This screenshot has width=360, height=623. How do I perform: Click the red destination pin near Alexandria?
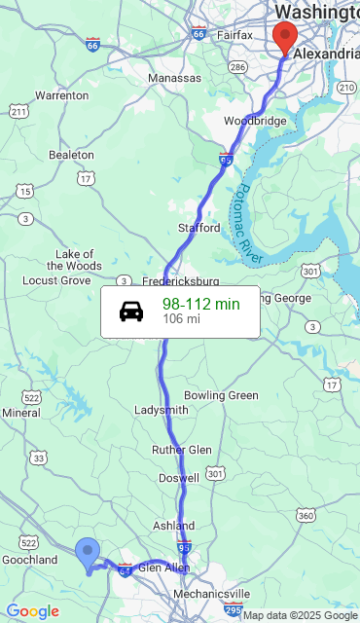(x=284, y=37)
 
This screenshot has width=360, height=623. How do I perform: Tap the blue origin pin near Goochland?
(x=88, y=553)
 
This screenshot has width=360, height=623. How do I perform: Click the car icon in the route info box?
(x=131, y=311)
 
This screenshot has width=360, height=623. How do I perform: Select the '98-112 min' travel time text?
(x=200, y=304)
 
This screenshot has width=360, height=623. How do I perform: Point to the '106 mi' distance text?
(x=181, y=319)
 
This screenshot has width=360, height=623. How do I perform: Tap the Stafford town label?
(x=198, y=228)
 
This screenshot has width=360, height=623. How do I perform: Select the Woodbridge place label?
(x=255, y=121)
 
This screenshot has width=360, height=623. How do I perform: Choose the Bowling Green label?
(x=221, y=395)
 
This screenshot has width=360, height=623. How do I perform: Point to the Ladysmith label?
(x=161, y=410)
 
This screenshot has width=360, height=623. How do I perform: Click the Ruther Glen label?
(x=181, y=450)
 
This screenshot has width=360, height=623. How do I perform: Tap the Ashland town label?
(x=173, y=526)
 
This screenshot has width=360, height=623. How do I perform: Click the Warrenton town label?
(x=61, y=95)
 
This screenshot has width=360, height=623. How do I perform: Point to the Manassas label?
(x=174, y=77)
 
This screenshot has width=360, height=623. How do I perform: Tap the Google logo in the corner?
(x=32, y=611)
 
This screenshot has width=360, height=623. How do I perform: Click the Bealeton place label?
(x=71, y=155)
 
